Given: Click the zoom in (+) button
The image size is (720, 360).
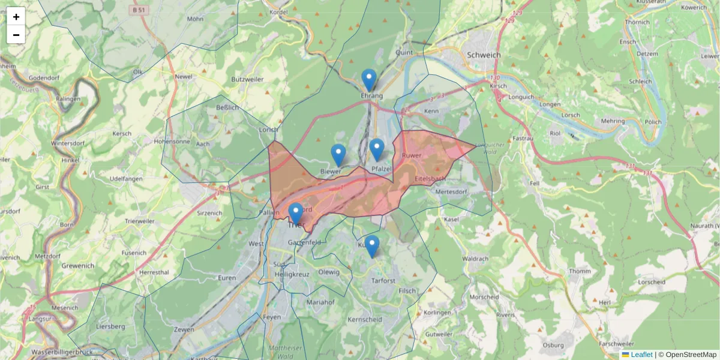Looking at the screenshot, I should (16, 17).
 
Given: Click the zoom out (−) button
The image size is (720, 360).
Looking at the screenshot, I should (16, 35).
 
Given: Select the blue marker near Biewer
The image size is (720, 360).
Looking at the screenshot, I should (338, 155).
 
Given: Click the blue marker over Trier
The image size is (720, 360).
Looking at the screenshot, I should (295, 214).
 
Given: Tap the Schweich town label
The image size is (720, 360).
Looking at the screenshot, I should (484, 55).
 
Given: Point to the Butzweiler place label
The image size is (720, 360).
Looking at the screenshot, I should (247, 79).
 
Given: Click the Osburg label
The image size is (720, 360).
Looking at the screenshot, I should (553, 345).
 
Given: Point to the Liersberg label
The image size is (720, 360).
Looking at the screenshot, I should (110, 326).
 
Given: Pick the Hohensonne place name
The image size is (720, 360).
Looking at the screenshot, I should (172, 142).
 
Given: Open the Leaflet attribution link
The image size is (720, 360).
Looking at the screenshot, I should (641, 355).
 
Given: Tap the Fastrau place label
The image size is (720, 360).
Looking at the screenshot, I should (523, 138).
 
